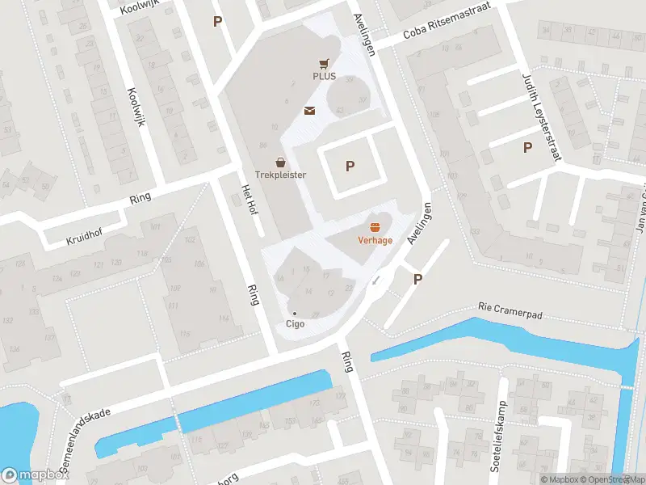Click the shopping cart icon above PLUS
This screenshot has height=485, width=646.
[324, 63]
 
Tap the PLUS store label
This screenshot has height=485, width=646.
[324, 77]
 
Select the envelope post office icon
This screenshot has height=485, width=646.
[309, 111]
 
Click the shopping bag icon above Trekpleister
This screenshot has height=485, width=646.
[280, 162]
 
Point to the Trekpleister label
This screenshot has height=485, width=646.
[280, 175]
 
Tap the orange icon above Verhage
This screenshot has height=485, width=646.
[375, 227]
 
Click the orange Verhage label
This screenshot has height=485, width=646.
[375, 240]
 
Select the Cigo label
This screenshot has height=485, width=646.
[295, 324]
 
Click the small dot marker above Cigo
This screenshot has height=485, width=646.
[295, 313]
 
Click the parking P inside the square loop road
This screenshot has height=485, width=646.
[350, 167]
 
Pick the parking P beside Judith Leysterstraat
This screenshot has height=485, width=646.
[527, 148]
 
